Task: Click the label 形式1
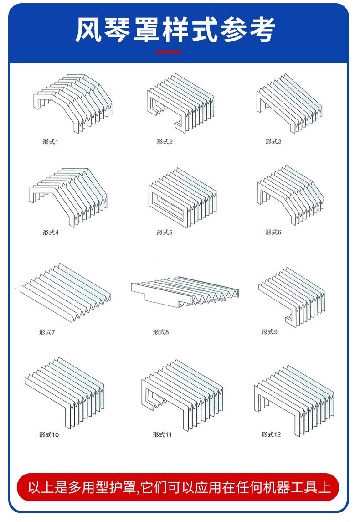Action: [51, 142]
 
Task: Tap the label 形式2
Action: [165, 142]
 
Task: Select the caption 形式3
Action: [273, 142]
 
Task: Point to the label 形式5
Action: [165, 233]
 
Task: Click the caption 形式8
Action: [160, 332]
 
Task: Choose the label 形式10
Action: [49, 435]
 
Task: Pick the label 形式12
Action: [271, 435]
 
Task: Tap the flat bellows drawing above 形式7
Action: [66, 292]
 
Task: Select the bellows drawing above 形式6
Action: [290, 193]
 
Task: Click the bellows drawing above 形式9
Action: [292, 296]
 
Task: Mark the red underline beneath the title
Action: [169, 52]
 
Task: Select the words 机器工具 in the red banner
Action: [296, 487]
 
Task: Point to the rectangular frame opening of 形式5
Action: [169, 203]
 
